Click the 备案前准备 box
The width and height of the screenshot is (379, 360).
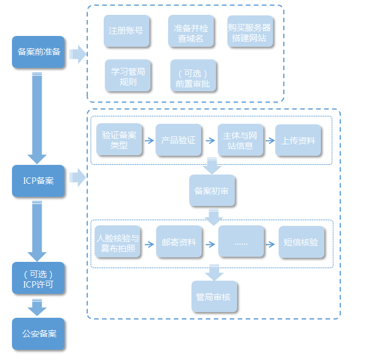pos(39,52)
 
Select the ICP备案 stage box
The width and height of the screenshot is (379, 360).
pos(39,181)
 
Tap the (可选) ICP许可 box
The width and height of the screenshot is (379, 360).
pos(39,278)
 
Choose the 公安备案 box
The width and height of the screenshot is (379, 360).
pos(39,334)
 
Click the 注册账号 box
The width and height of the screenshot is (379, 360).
pos(127,31)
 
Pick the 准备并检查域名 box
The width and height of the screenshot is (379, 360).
pos(190,31)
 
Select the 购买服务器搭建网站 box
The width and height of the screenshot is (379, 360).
pos(250,31)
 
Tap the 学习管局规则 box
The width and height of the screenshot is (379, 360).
pos(128,76)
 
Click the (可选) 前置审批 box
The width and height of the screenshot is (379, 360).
pos(193,76)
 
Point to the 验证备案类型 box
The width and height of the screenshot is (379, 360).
pos(119,140)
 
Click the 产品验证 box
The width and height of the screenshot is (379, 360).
pos(178,140)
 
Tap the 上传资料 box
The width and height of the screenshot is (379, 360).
pos(298,140)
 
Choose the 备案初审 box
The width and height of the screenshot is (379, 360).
pos(212,191)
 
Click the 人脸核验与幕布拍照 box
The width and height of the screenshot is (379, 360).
pos(118,242)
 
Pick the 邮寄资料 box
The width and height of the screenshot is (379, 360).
pos(179,242)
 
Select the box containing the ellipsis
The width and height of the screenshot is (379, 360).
pos(241,242)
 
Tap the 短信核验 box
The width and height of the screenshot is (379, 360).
pos(301,242)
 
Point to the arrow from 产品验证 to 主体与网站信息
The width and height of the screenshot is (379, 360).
pos(210,140)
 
